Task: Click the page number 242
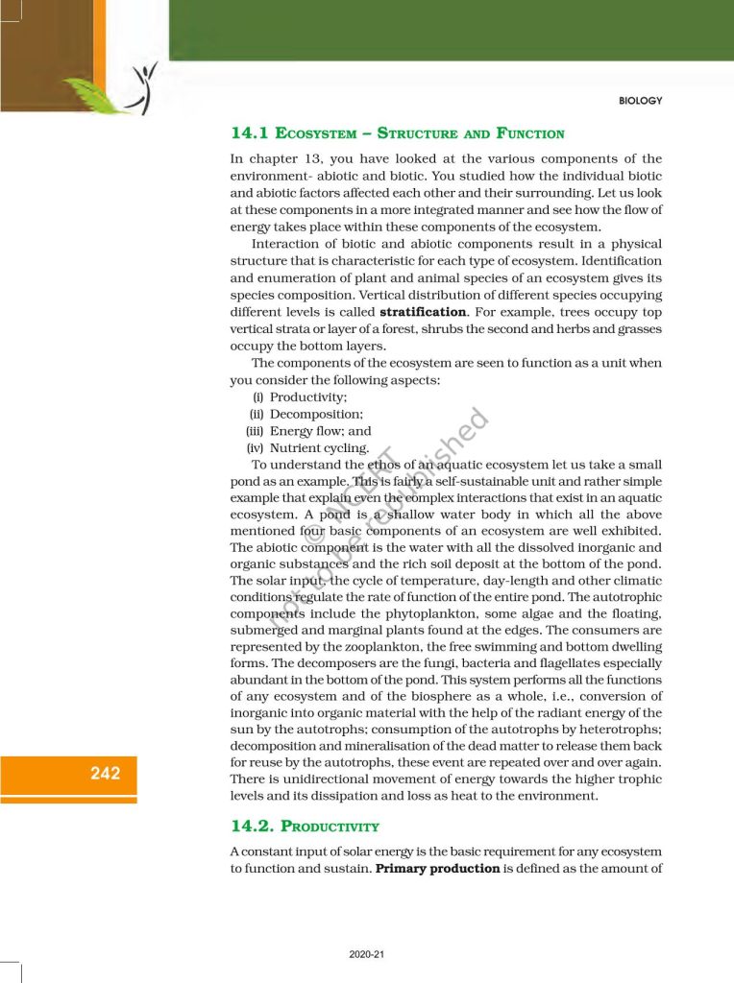click(106, 773)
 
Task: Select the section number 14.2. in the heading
click(252, 826)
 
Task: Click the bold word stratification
click(422, 312)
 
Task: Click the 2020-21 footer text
click(367, 954)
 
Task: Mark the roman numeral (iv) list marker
click(255, 448)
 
